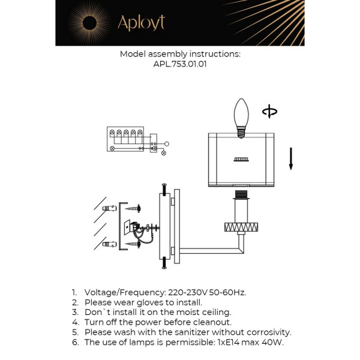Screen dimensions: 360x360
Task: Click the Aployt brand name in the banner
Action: click(x=141, y=23)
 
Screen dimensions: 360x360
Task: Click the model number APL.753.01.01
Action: click(x=180, y=65)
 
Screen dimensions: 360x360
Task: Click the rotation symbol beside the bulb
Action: click(x=270, y=112)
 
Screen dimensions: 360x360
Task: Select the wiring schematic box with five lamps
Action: click(x=125, y=139)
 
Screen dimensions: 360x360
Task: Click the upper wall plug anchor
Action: click(x=109, y=208)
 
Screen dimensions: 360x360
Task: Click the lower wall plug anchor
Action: click(x=109, y=244)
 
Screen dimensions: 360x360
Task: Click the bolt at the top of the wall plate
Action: click(x=164, y=189)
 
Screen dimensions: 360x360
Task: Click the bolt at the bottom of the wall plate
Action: click(x=164, y=262)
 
